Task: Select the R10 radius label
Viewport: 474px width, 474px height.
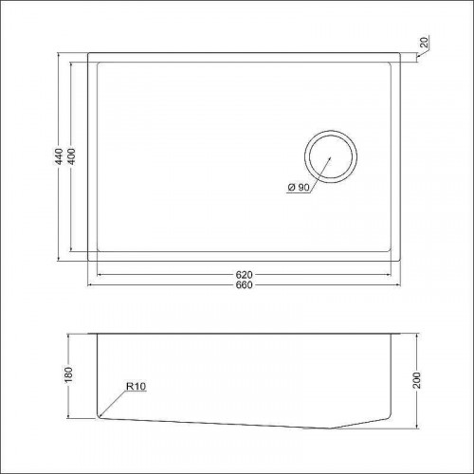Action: click(132, 386)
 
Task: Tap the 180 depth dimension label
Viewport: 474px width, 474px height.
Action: click(68, 374)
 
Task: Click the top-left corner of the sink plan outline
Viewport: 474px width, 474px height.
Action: click(88, 53)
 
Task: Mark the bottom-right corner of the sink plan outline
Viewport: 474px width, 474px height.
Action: click(404, 260)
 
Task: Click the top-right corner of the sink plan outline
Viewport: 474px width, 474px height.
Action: click(404, 53)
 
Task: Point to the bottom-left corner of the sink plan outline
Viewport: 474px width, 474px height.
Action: click(88, 260)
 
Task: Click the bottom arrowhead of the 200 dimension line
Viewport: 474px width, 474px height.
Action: click(418, 424)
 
